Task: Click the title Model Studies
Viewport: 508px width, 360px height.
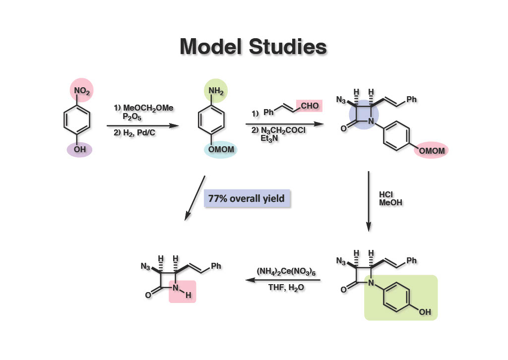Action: coord(254,47)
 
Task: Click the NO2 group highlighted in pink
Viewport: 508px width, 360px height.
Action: coord(82,90)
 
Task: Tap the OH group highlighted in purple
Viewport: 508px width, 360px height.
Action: coord(80,149)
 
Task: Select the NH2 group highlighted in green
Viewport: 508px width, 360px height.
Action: coord(216,91)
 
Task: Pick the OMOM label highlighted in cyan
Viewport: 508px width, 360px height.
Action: coord(221,149)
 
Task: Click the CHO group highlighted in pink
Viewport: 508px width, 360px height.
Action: coord(310,106)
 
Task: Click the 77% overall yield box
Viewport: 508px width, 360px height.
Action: coord(247,198)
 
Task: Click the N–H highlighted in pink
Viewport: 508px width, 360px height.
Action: coord(182,291)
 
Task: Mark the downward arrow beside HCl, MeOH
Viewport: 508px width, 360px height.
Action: coord(369,201)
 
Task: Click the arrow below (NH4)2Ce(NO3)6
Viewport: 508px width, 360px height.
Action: coord(283,280)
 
